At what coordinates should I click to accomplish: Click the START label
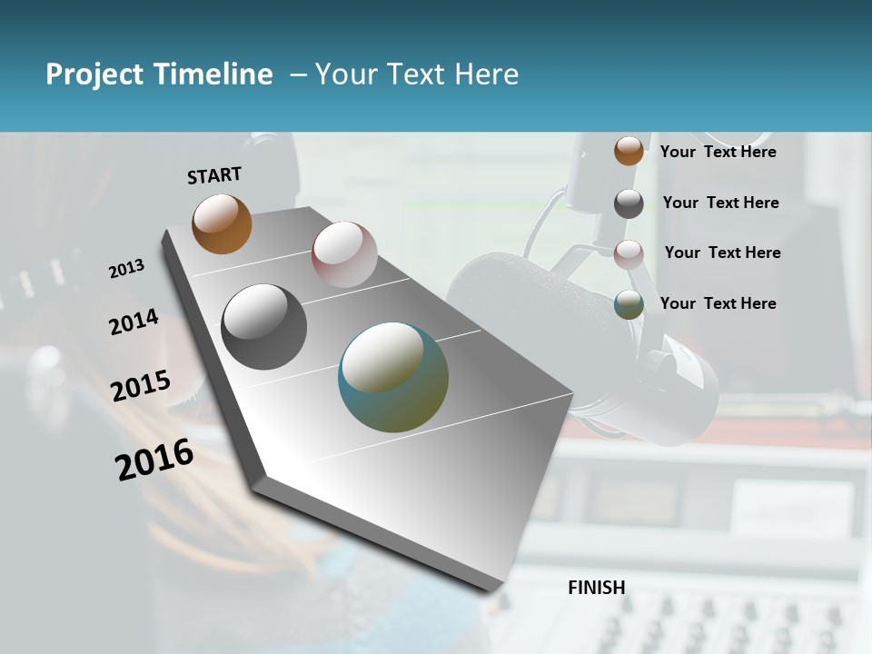(214, 175)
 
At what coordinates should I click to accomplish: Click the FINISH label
(596, 588)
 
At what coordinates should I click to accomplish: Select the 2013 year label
(126, 268)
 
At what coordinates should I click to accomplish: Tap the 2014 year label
(134, 322)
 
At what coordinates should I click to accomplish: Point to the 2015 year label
(140, 385)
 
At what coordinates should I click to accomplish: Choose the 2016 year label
(154, 459)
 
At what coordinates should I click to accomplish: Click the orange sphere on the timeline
(222, 223)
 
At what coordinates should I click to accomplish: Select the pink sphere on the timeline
(344, 254)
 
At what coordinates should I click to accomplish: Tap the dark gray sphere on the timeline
(263, 327)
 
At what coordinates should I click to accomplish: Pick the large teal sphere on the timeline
(392, 377)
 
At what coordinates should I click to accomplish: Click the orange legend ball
(629, 151)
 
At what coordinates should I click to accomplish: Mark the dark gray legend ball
(629, 203)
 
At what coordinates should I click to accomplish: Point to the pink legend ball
(629, 253)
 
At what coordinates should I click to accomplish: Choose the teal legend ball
(629, 304)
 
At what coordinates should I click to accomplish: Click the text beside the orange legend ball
(718, 152)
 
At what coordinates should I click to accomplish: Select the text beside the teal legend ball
(718, 303)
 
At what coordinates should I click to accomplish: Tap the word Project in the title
(94, 74)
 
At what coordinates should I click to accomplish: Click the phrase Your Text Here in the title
(417, 74)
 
